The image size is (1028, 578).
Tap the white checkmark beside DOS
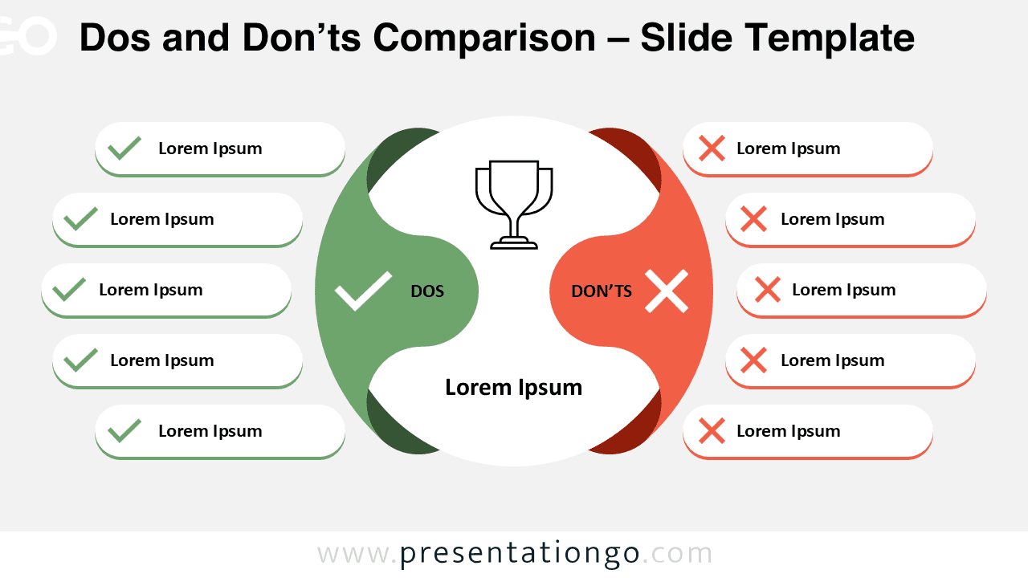[x=363, y=291]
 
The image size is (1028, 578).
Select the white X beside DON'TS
[x=667, y=291]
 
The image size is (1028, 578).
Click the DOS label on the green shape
[x=427, y=291]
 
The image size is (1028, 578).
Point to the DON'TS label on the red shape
[x=602, y=291]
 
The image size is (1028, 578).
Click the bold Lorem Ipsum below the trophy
[x=514, y=388]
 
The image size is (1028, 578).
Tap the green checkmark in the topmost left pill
[x=124, y=149]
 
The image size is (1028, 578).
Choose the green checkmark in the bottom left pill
[x=124, y=431]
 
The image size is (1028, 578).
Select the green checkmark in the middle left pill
[x=69, y=290]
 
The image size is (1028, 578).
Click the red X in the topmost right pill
[x=712, y=149]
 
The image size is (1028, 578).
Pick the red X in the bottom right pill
[x=712, y=431]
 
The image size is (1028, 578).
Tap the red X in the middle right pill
[x=768, y=290]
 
